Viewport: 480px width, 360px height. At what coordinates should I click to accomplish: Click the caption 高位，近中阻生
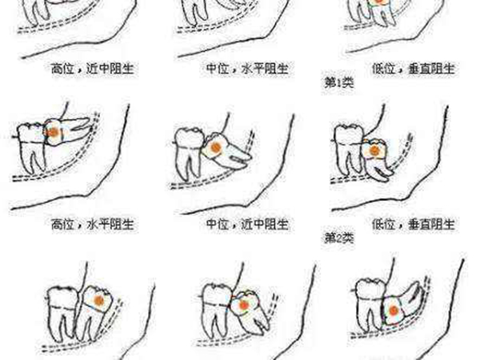[92, 69]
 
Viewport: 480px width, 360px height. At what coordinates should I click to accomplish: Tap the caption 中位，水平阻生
[247, 69]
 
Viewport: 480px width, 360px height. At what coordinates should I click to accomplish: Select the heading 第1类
[339, 82]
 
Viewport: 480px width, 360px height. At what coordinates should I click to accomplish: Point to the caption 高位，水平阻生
[92, 224]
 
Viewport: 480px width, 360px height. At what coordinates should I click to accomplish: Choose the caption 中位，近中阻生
[247, 224]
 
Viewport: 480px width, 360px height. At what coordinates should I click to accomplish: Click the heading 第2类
[339, 238]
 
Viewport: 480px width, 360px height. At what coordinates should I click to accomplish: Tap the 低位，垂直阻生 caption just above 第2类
[414, 224]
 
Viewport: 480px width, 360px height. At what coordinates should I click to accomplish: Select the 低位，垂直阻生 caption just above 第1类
[414, 69]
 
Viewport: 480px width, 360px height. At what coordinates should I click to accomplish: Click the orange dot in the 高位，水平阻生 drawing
[54, 133]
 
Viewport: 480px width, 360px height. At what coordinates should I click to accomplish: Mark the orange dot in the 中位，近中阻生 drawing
[216, 147]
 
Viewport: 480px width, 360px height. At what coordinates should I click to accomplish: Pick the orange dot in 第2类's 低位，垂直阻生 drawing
[374, 150]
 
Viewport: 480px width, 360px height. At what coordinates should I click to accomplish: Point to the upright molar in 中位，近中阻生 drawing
[189, 152]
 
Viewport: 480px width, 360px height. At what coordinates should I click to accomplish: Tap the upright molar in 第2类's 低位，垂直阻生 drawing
[349, 150]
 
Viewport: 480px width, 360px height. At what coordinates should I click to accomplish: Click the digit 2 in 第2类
[339, 238]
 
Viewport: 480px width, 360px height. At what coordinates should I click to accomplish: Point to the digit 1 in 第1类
[339, 83]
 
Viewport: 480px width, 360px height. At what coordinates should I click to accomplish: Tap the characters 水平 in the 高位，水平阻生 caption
[101, 224]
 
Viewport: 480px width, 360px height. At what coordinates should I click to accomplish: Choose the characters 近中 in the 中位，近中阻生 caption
[255, 224]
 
